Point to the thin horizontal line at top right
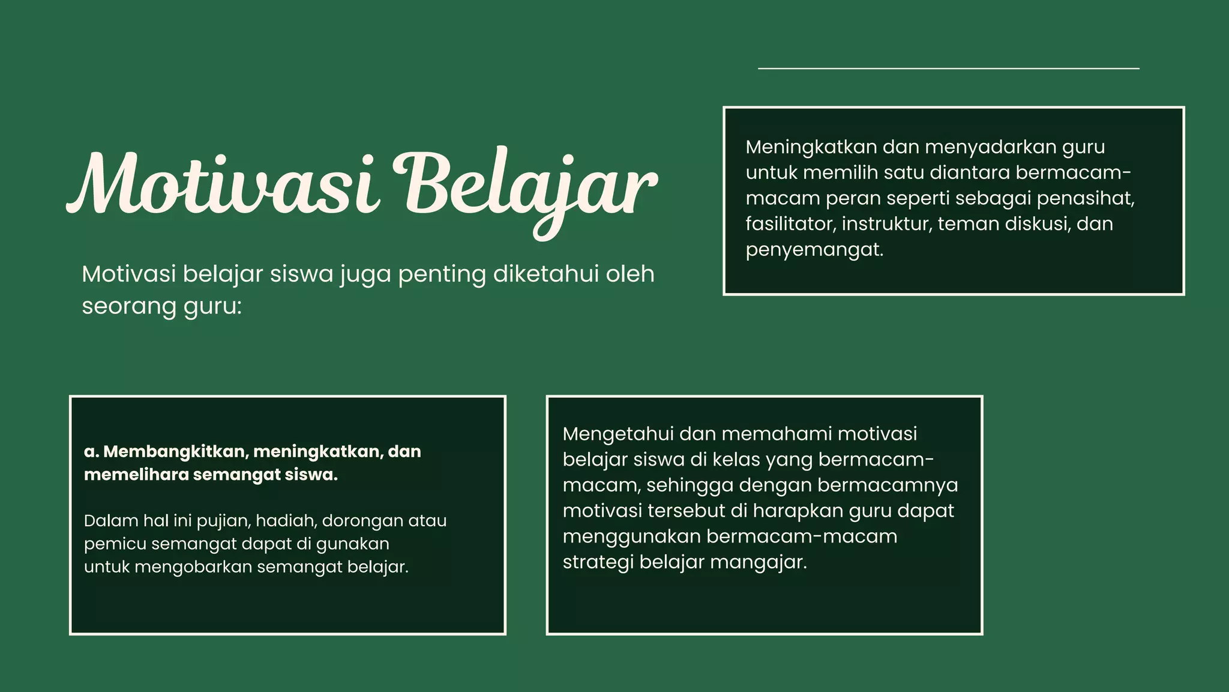pos(948,68)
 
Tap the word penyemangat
pos(814,250)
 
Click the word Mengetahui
pos(618,434)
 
